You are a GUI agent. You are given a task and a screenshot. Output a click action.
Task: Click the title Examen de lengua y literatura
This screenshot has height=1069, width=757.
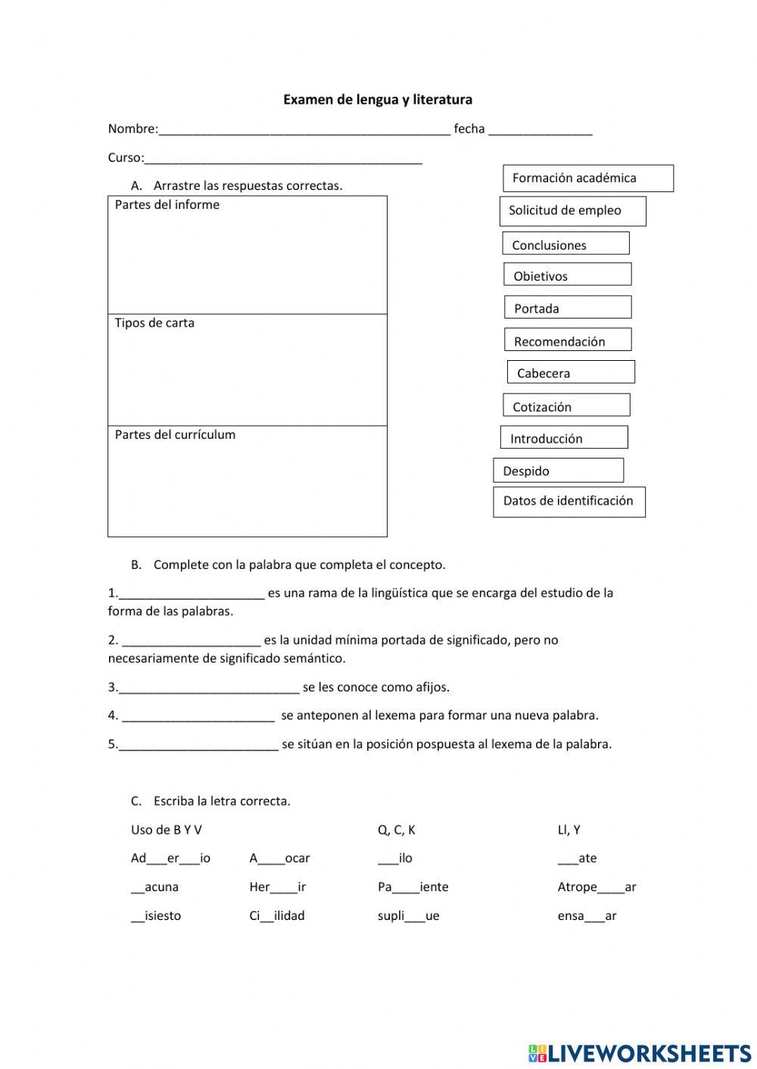tap(377, 99)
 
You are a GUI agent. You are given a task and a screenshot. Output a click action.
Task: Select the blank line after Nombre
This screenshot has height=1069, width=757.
tap(304, 129)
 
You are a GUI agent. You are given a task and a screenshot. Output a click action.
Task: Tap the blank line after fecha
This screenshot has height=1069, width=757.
tap(540, 129)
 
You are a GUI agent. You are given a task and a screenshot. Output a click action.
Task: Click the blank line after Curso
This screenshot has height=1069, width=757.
tap(283, 158)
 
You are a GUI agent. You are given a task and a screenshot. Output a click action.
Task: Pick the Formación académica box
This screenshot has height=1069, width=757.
tap(587, 179)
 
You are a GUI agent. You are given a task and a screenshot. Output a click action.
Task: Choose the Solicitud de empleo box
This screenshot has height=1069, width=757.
tap(572, 211)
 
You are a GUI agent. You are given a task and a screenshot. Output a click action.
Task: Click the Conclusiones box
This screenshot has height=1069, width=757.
tap(565, 244)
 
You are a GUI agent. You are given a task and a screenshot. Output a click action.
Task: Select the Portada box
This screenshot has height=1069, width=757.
tap(567, 307)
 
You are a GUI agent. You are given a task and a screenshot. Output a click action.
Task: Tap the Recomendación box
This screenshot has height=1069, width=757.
tap(567, 340)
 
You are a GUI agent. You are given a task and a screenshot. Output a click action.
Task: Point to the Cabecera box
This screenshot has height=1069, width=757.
tap(570, 372)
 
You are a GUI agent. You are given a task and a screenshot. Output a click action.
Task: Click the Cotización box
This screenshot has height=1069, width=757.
tap(565, 406)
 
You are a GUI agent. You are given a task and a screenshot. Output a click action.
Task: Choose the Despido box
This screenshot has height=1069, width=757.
tap(558, 471)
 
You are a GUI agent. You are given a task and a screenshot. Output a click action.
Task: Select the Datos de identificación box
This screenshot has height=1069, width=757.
tap(569, 502)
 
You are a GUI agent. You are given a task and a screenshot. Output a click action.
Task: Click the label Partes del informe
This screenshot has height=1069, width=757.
tap(167, 205)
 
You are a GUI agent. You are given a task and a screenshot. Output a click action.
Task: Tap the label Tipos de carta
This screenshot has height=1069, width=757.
tap(154, 323)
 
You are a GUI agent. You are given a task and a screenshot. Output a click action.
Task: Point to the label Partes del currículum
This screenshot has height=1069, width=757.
tap(175, 435)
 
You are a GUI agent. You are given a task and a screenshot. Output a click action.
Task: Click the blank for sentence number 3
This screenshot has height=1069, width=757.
tap(209, 688)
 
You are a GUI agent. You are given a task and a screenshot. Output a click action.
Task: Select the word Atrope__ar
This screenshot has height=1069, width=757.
tap(597, 887)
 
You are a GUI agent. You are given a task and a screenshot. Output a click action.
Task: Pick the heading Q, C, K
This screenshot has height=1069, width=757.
tap(396, 830)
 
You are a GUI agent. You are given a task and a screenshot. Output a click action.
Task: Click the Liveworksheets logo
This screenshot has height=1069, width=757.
tap(639, 1052)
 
